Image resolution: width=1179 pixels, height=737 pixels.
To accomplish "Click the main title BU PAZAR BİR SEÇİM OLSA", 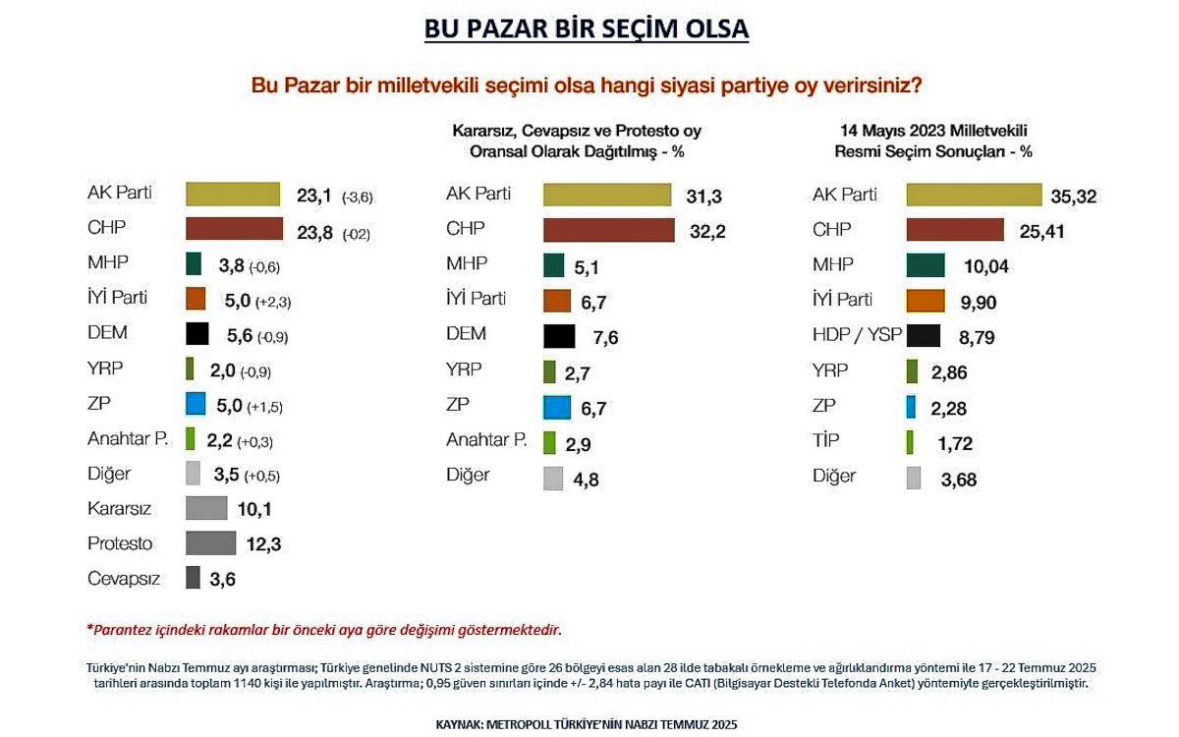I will click(x=587, y=29).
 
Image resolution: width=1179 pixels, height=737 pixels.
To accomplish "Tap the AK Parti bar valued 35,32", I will click(x=973, y=195).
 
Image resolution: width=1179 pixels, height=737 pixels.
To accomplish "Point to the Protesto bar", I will click(x=210, y=543).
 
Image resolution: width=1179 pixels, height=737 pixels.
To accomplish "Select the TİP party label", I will click(x=826, y=441).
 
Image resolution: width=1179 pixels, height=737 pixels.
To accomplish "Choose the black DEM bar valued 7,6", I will click(x=559, y=335).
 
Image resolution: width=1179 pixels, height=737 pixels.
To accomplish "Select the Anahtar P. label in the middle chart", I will click(x=486, y=439).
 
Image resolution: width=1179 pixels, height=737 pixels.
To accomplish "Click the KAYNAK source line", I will click(x=586, y=724).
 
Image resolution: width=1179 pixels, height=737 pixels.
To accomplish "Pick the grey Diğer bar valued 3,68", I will click(x=913, y=479).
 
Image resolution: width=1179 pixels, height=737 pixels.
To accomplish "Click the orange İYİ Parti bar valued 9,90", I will click(x=925, y=300).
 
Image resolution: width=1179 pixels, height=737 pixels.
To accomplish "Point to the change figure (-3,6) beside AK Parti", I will click(x=358, y=198).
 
